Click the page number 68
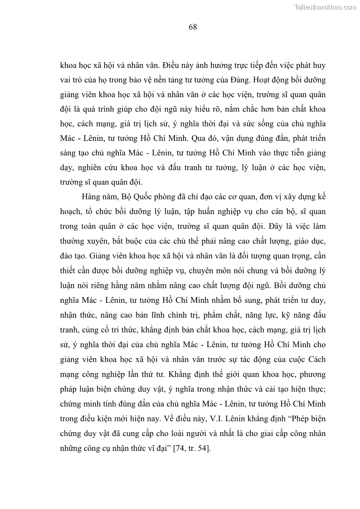click(x=192, y=27)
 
